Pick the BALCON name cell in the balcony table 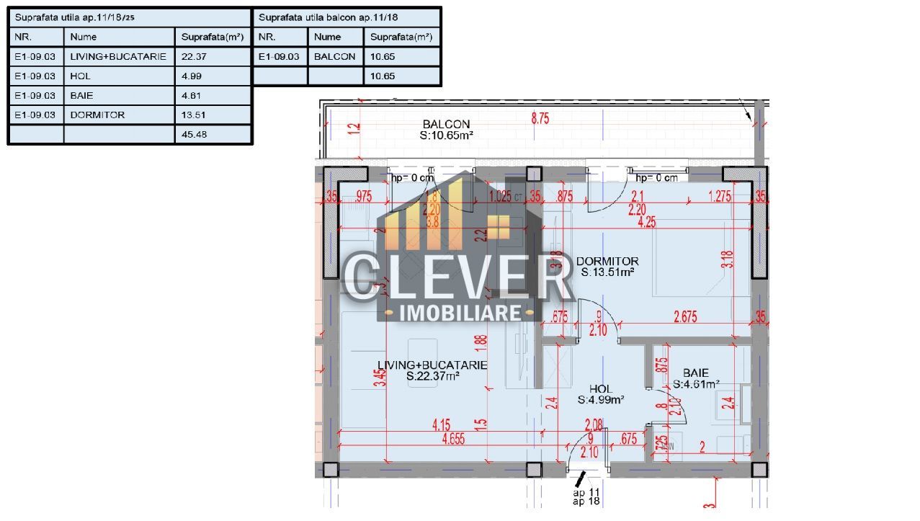click(335, 56)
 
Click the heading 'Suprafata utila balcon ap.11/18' click(329, 17)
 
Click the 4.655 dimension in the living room click(453, 438)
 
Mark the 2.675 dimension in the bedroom click(684, 316)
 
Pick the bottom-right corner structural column click(759, 470)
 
